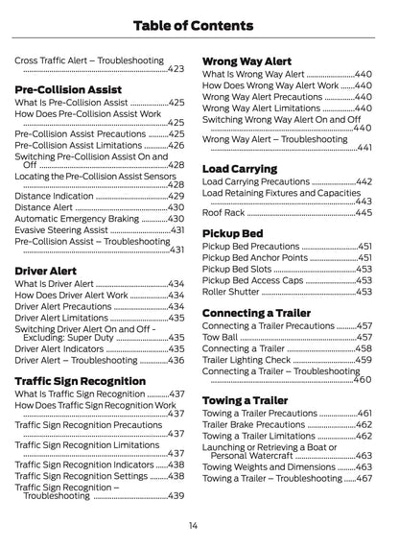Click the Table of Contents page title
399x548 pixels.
click(199, 22)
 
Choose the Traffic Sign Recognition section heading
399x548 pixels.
click(80, 380)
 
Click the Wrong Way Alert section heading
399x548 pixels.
click(247, 60)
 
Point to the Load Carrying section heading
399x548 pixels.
click(240, 169)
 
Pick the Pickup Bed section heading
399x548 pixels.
click(232, 233)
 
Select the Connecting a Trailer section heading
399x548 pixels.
click(256, 312)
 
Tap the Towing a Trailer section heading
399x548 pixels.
click(245, 400)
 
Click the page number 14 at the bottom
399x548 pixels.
click(193, 525)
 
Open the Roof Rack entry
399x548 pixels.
click(223, 213)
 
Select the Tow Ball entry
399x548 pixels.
click(221, 338)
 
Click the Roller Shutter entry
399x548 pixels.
click(231, 292)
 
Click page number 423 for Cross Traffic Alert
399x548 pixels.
click(176, 69)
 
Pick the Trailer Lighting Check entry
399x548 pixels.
click(247, 360)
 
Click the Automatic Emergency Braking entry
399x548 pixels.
click(77, 219)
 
